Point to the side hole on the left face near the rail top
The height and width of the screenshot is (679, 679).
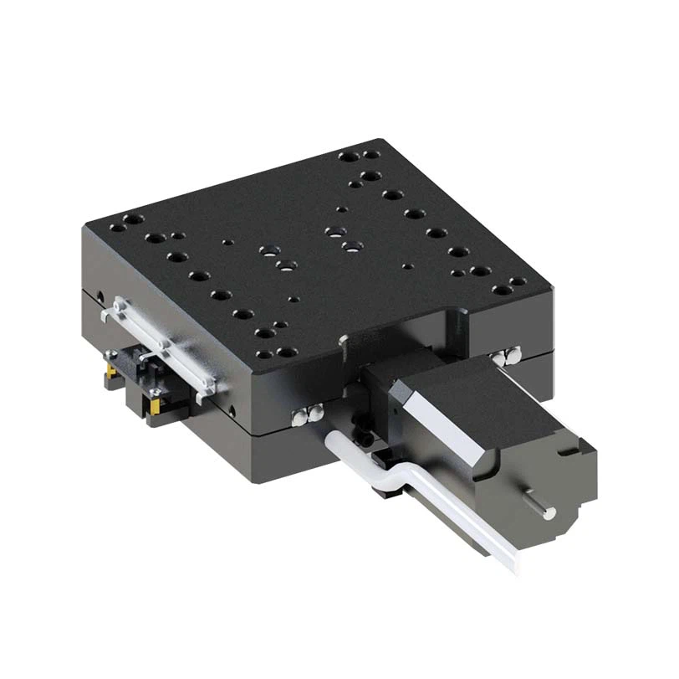click(x=101, y=296)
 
